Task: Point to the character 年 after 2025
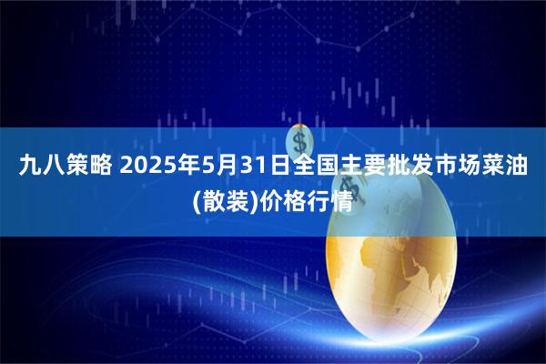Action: coord(187,167)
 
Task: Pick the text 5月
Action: coord(219,167)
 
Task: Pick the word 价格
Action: coord(278,199)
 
